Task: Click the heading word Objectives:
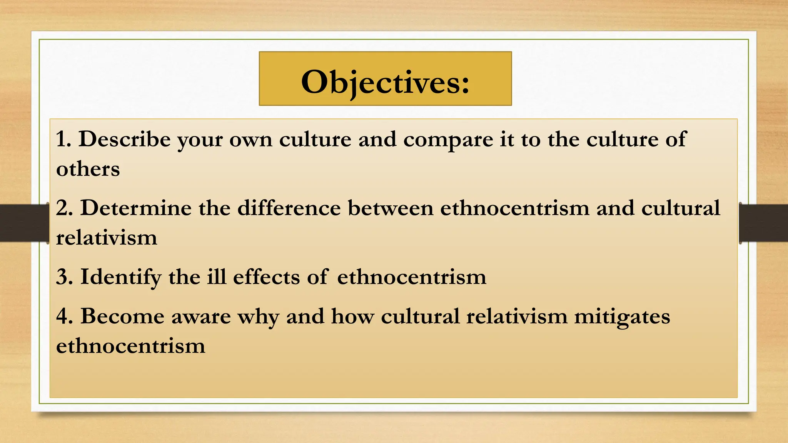pos(385,82)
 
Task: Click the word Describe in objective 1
pos(125,139)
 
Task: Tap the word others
pos(88,169)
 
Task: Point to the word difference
pos(289,208)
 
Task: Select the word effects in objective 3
pos(266,277)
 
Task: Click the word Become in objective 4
pos(122,316)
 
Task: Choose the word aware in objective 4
pos(201,317)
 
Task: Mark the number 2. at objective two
pos(64,208)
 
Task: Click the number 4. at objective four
pos(64,316)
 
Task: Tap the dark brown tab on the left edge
pos(23,223)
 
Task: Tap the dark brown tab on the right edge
pos(764,223)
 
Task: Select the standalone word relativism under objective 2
pos(107,238)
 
